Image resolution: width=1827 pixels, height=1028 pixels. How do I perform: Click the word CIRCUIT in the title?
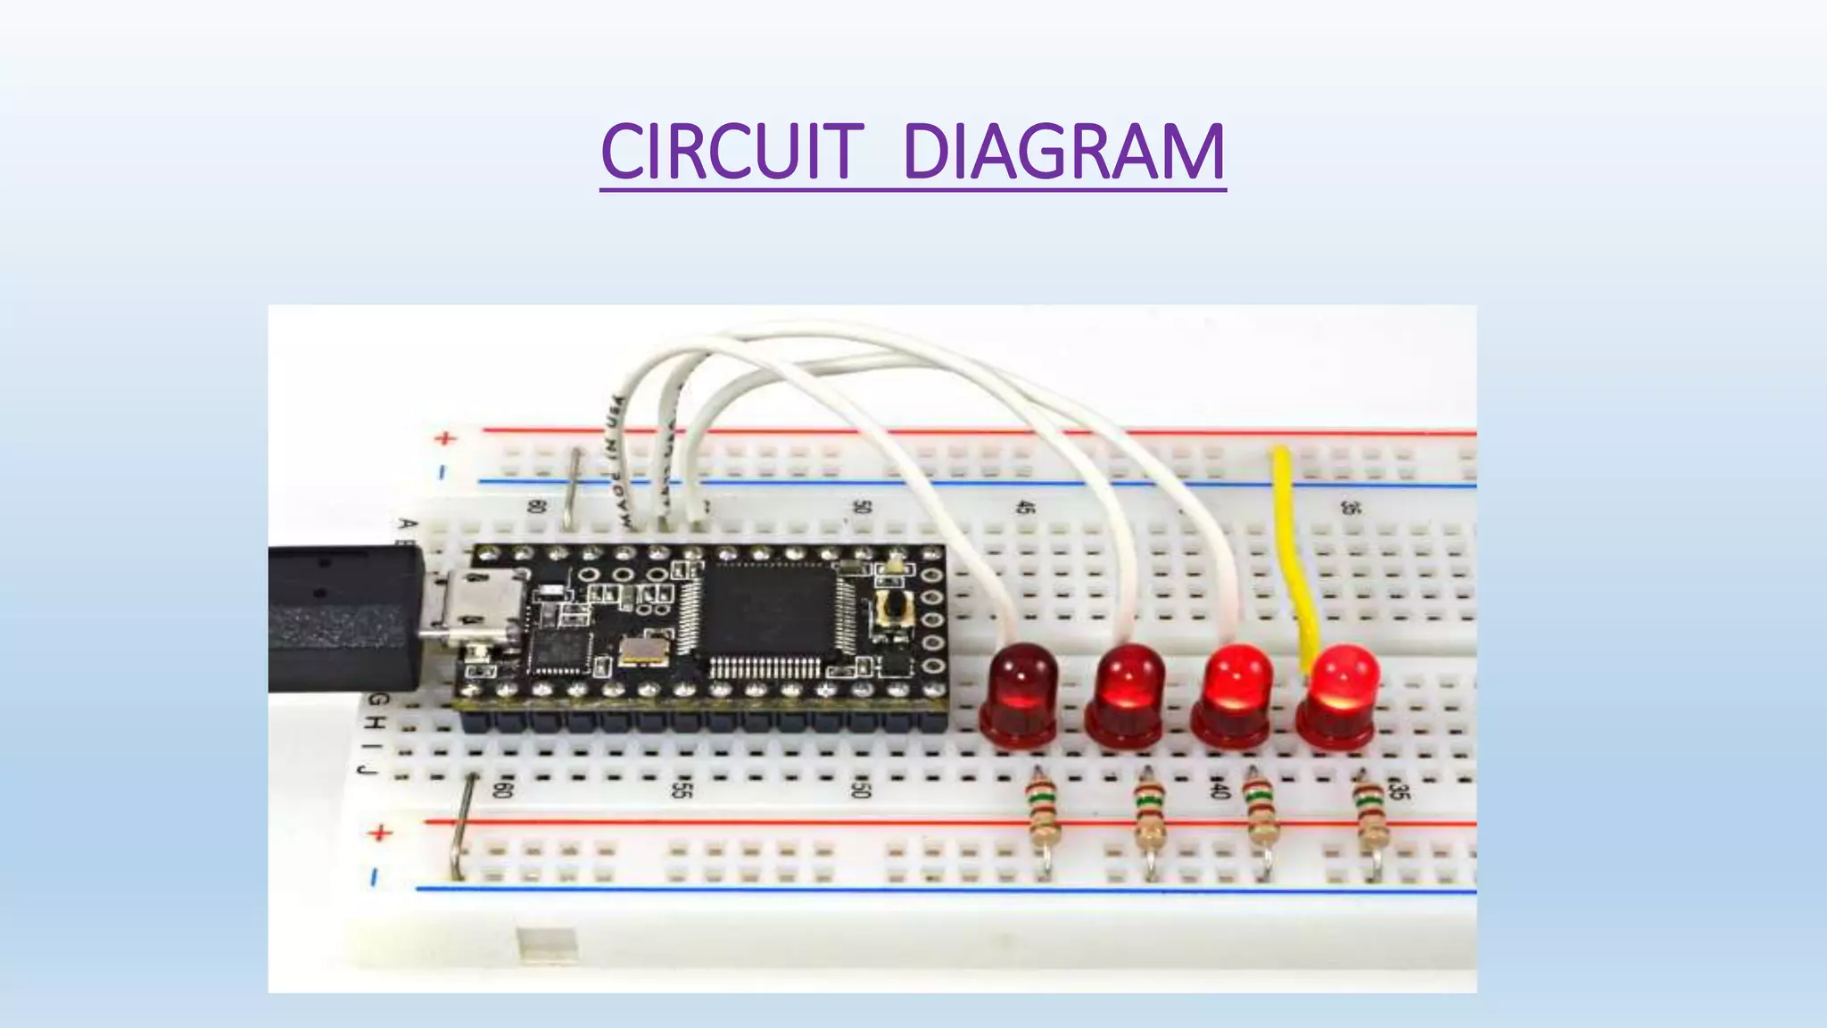coord(732,151)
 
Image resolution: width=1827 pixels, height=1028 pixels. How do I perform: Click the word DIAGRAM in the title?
coord(1063,151)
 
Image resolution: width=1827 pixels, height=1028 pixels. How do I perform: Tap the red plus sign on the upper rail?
coord(445,438)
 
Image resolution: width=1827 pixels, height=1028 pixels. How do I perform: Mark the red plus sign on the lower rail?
coord(380,833)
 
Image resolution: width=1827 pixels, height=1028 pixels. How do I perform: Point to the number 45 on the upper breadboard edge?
coord(1027,507)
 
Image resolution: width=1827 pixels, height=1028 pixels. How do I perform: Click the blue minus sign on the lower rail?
coord(375,877)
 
